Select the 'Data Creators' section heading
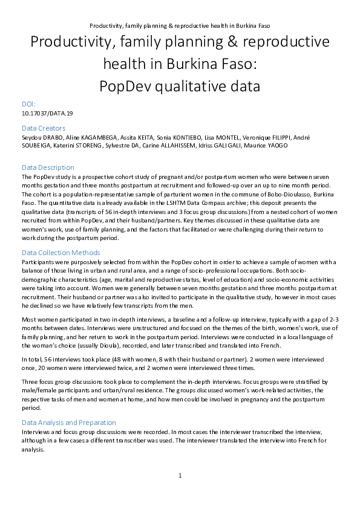click(44, 128)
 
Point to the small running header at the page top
click(180, 26)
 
